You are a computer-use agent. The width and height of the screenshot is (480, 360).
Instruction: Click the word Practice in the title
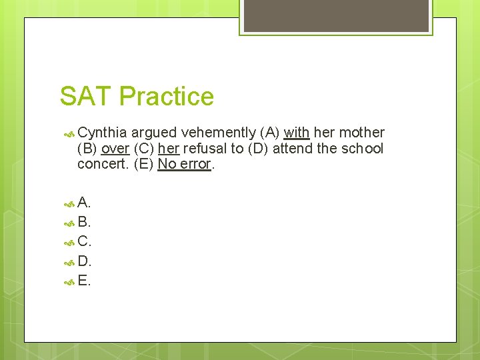167,97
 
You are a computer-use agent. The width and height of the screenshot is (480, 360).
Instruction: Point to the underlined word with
296,133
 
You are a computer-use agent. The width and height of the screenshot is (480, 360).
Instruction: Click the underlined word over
115,149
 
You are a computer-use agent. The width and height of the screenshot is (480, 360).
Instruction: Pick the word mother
362,133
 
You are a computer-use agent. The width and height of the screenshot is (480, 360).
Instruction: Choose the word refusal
205,149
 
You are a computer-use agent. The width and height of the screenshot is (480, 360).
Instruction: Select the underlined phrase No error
184,165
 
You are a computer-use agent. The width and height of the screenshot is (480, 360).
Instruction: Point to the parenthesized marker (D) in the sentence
258,149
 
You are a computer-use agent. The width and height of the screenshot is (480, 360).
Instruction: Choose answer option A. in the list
84,203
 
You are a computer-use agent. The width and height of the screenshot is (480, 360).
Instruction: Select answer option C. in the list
84,241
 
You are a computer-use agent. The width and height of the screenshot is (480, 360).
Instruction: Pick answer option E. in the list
84,281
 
